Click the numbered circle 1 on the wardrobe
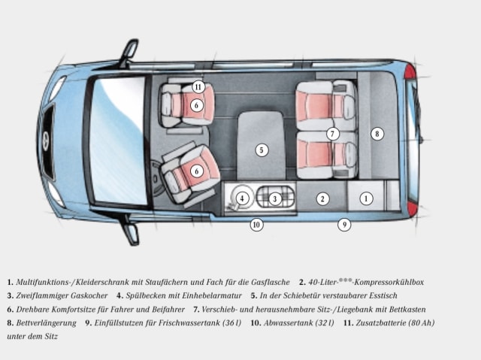(x=366, y=199)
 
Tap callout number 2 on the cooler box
(x=322, y=199)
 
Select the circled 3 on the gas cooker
(x=276, y=198)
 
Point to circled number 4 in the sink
(x=242, y=198)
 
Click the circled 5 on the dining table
(x=262, y=150)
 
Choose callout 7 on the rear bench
(x=333, y=134)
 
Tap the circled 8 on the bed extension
(x=377, y=134)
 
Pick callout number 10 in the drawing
(x=256, y=224)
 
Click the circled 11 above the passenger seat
(x=198, y=86)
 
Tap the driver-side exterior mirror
(x=131, y=232)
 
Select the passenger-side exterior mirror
(x=129, y=51)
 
